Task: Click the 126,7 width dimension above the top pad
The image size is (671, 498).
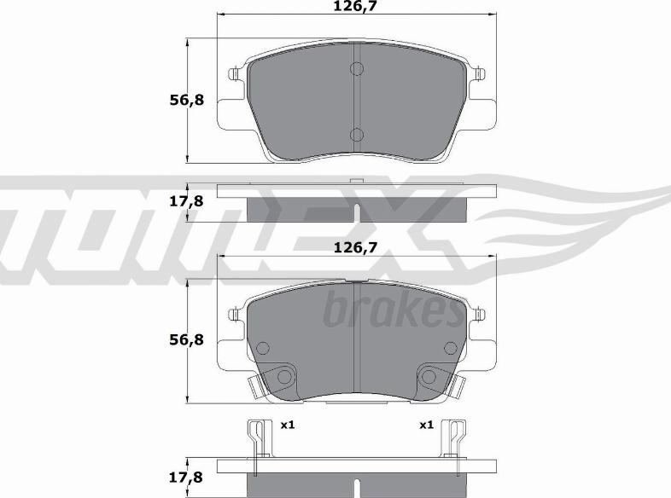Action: (357, 7)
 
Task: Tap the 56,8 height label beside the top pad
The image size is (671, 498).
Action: (187, 101)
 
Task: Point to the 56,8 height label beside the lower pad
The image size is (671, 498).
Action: (187, 340)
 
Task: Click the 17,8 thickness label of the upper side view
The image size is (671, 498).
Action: (186, 201)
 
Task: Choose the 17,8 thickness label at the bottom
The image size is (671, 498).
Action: (186, 478)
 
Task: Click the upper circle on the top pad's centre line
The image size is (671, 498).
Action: (357, 68)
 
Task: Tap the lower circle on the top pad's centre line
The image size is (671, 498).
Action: (357, 135)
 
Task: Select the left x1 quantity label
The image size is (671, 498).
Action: (288, 425)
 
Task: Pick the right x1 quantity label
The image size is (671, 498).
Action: (427, 425)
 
